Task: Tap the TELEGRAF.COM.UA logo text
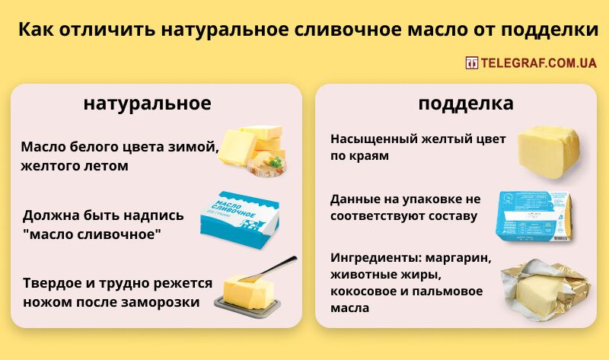coord(538,63)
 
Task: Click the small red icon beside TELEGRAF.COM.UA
coord(472,63)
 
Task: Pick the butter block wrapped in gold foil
coord(541,290)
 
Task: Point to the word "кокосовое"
coord(365,292)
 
